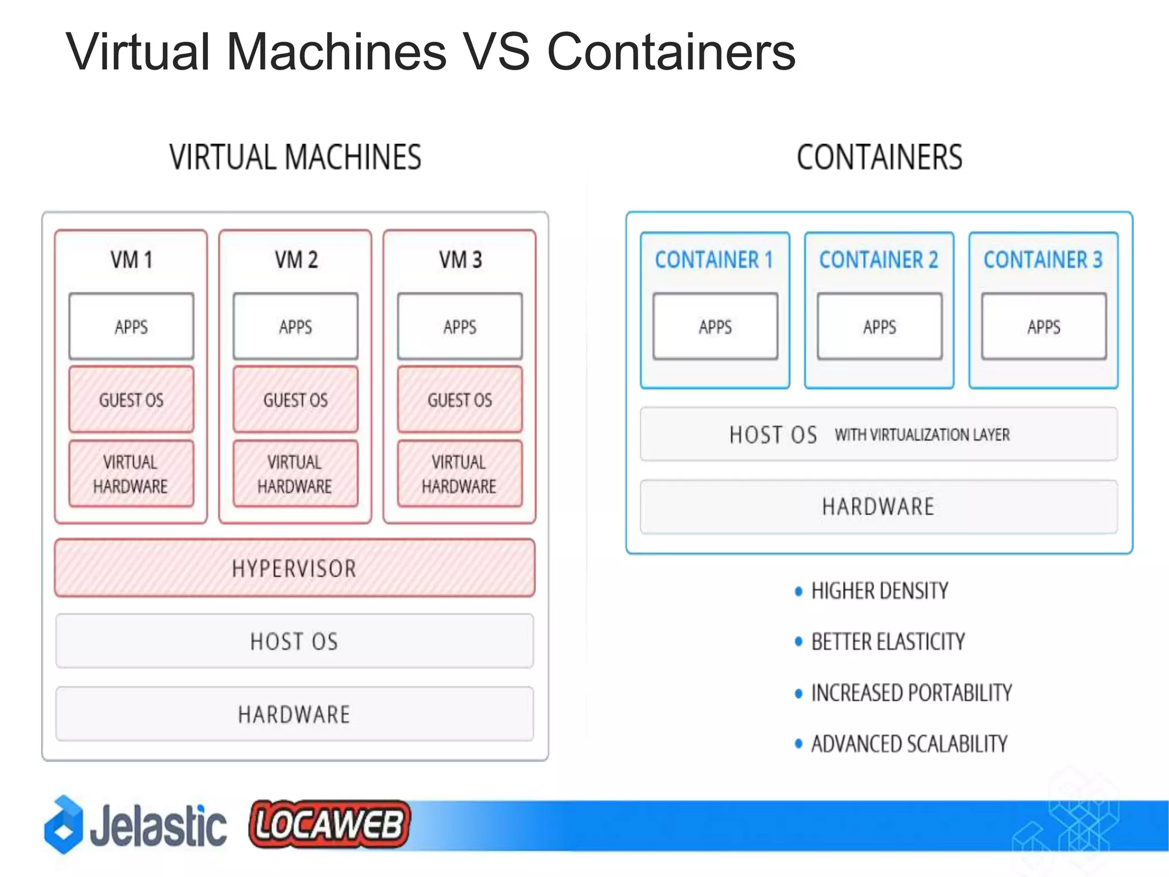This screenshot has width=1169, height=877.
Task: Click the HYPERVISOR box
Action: [x=295, y=568]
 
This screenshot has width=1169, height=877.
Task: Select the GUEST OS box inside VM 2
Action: [x=295, y=400]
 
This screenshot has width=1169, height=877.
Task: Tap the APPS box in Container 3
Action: [x=1043, y=327]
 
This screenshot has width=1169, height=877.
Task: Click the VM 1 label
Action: [x=131, y=260]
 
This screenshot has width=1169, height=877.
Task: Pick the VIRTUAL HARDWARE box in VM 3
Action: [x=459, y=474]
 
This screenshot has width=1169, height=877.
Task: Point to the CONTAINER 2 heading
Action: [x=878, y=260]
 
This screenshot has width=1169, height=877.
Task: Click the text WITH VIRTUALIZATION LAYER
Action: [x=922, y=435]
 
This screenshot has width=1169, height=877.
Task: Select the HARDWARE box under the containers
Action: [x=878, y=507]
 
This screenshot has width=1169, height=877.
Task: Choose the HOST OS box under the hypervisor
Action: [x=295, y=641]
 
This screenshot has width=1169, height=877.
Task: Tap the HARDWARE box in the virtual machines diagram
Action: [x=295, y=714]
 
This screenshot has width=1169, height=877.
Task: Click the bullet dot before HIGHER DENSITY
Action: [x=799, y=591]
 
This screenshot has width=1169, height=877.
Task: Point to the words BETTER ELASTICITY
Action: [x=888, y=642]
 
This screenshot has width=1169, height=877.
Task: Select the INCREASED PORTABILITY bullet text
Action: [x=911, y=693]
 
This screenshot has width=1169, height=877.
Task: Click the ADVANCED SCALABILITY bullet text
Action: [x=909, y=744]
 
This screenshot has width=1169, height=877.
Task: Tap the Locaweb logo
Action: [x=330, y=824]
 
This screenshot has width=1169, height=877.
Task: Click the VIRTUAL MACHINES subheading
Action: [x=295, y=157]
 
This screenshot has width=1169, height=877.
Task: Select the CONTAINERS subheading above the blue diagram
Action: [x=879, y=157]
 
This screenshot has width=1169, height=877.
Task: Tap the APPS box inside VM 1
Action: [x=131, y=327]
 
